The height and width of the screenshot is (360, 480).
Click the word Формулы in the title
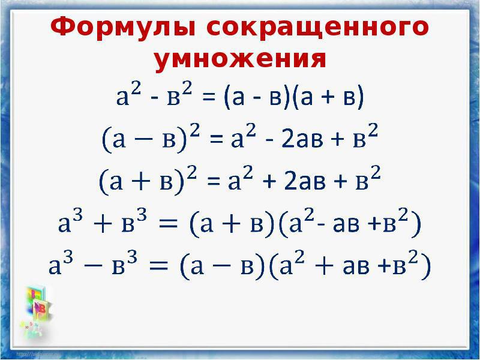(123, 27)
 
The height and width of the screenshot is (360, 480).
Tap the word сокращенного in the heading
(317, 28)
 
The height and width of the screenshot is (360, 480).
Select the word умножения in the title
(241, 59)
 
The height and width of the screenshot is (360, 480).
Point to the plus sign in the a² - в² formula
(328, 98)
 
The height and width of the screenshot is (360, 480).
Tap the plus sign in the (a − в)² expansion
(338, 140)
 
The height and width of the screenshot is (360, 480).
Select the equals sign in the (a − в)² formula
(217, 140)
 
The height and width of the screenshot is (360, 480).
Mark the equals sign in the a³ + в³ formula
(167, 223)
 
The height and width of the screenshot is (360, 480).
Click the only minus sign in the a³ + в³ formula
(321, 224)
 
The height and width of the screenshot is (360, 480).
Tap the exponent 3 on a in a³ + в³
(79, 216)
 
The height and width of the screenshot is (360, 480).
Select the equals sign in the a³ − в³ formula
(158, 265)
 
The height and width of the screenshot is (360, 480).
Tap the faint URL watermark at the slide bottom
(38, 355)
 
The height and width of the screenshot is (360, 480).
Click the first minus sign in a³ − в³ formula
(94, 266)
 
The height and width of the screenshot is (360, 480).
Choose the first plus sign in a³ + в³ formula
(103, 224)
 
